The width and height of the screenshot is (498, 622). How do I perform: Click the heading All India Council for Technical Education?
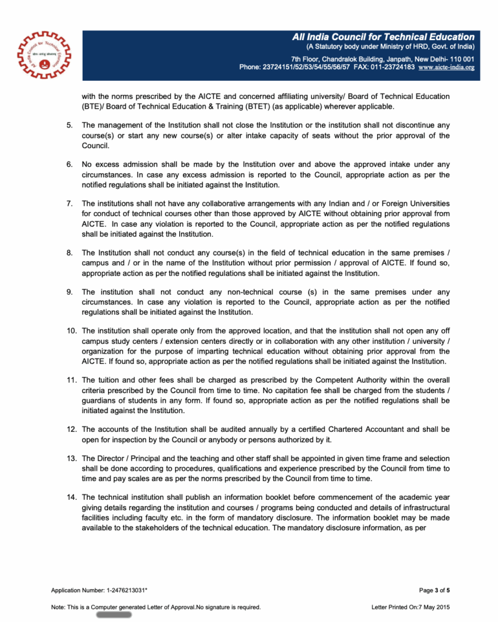[x=383, y=38]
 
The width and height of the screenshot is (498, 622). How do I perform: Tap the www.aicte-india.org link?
[x=446, y=67]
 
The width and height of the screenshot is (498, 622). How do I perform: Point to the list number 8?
[x=70, y=252]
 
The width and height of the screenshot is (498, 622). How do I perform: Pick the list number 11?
[x=71, y=380]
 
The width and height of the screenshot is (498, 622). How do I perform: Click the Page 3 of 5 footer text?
[x=434, y=590]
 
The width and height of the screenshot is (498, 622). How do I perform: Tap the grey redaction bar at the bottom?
[x=114, y=615]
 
